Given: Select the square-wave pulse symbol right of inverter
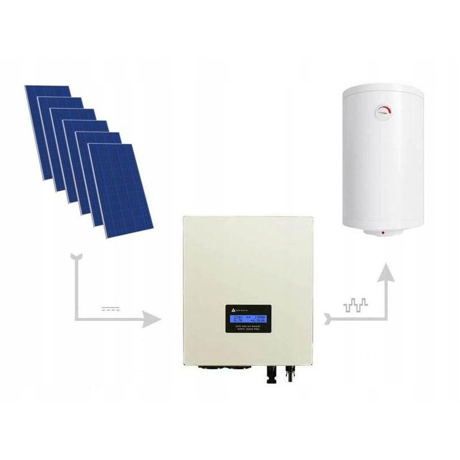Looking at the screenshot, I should (352, 305).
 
